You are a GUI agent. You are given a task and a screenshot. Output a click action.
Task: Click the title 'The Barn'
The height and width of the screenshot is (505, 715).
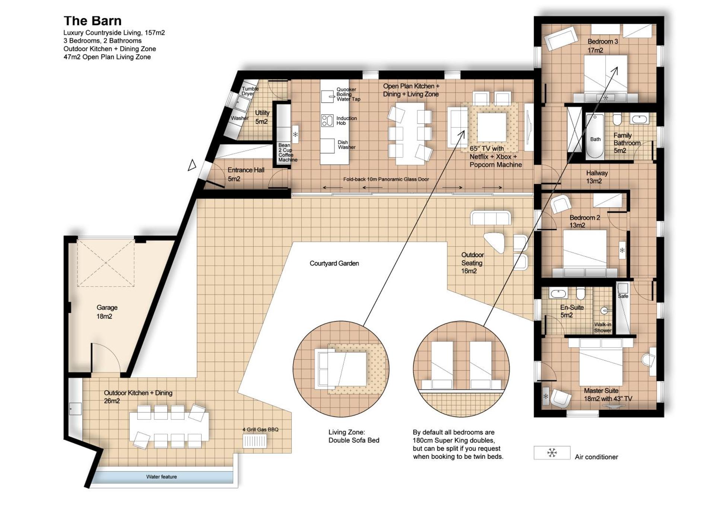(x=92, y=21)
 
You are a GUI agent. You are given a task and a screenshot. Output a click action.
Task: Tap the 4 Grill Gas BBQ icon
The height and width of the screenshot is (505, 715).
(x=255, y=441)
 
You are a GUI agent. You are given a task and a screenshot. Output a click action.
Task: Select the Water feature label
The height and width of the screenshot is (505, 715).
(x=161, y=477)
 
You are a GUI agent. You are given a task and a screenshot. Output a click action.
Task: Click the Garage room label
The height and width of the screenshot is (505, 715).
(x=107, y=312)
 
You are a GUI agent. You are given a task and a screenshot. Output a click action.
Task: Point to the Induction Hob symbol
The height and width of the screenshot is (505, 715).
(x=327, y=121)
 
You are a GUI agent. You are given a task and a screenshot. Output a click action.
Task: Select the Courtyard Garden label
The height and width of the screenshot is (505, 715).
(x=334, y=263)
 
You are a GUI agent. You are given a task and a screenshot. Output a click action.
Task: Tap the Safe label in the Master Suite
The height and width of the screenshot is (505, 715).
(x=623, y=296)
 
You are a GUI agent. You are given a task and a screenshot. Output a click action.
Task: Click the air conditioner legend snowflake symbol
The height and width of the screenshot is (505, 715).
(x=552, y=453)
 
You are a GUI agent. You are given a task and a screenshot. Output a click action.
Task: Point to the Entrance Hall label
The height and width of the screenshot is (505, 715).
(x=245, y=174)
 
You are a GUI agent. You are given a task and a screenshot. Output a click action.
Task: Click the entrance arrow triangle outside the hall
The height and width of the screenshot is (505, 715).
(x=192, y=165)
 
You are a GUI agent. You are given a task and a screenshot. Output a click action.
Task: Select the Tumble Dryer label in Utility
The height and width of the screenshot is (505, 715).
(x=250, y=91)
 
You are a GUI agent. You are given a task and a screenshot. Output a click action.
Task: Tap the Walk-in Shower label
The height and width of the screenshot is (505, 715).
(x=603, y=327)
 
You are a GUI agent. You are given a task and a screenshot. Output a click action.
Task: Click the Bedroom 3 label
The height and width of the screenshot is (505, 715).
(x=602, y=45)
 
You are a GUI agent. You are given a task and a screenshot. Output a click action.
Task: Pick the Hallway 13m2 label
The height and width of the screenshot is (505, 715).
(x=596, y=177)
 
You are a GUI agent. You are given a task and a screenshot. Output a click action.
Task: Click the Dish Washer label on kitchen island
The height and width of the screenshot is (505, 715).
(x=346, y=145)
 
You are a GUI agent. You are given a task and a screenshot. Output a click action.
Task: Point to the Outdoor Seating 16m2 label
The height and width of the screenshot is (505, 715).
(x=472, y=263)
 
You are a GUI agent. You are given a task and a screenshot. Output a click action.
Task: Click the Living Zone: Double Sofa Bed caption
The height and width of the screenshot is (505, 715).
(x=353, y=436)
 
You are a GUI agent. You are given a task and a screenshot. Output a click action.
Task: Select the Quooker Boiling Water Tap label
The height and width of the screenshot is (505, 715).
(x=348, y=95)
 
